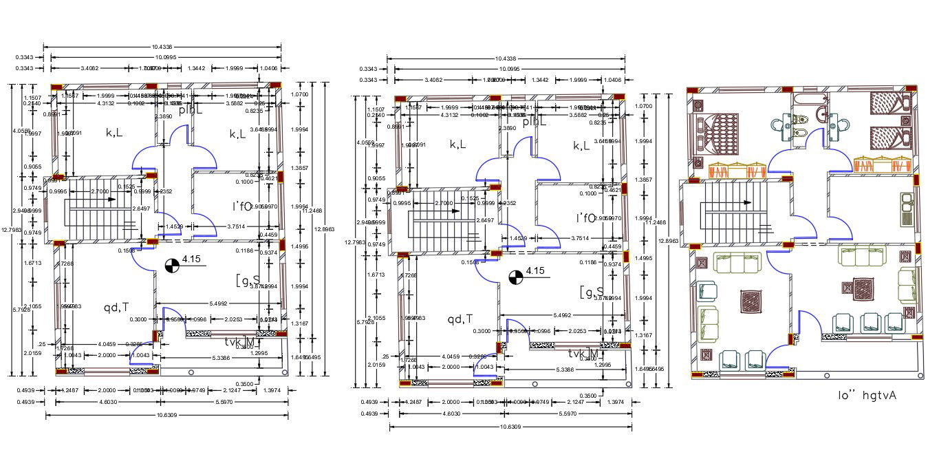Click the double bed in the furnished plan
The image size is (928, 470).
click(720, 132)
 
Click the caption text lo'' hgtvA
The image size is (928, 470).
click(867, 395)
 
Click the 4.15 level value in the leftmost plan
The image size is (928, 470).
click(191, 260)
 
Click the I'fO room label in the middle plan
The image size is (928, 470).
click(585, 217)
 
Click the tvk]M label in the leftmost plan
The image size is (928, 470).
click(239, 342)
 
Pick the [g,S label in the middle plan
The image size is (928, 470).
click(592, 292)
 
